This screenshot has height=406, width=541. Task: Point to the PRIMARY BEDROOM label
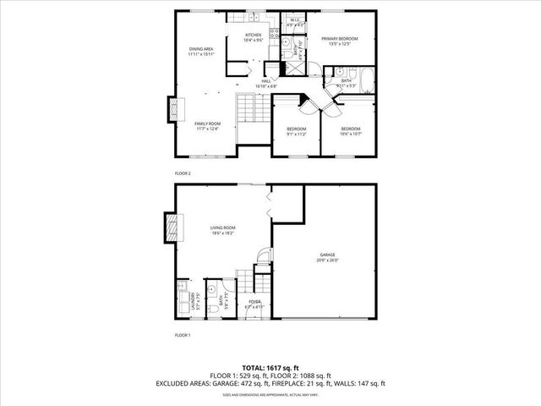[341, 39]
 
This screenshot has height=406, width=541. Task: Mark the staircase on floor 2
[245, 107]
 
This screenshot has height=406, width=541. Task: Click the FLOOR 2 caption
[183, 173]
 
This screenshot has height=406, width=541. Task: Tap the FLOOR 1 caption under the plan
[183, 336]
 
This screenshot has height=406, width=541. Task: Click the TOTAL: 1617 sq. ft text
[270, 366]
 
